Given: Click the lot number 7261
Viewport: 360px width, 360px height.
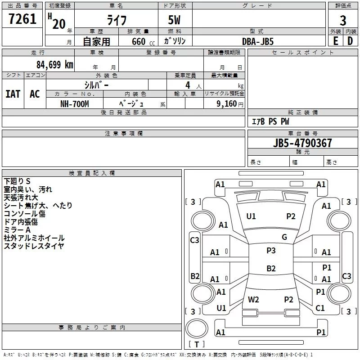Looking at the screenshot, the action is tap(22, 19).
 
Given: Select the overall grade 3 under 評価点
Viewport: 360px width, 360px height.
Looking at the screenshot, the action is tap(343, 21).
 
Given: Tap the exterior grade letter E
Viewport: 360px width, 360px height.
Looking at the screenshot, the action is tap(335, 41).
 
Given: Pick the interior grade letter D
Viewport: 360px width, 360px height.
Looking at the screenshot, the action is tap(350, 41).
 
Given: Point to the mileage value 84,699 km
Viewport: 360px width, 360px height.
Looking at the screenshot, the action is tap(55, 65).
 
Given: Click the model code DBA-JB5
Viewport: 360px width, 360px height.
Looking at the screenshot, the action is tap(258, 41).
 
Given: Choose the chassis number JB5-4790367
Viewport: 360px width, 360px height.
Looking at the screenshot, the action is tap(302, 143).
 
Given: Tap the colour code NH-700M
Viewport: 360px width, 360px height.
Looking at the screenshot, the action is tap(75, 104).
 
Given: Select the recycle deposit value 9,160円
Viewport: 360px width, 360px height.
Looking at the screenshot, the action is tap(230, 104).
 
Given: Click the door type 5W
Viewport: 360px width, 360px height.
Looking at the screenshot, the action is tap(174, 20).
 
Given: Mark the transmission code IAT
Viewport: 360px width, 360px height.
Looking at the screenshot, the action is tap(13, 94).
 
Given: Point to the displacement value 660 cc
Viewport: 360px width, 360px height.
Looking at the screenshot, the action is tap(143, 41).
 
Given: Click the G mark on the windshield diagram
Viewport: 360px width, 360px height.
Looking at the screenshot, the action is tap(284, 237).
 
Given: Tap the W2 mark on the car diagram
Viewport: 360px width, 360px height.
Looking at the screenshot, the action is tap(253, 299).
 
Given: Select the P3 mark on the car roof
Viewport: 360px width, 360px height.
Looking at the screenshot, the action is tap(271, 251).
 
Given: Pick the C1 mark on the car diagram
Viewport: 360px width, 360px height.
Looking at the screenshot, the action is tap(320, 308).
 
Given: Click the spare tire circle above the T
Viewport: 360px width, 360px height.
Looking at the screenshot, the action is tap(197, 328).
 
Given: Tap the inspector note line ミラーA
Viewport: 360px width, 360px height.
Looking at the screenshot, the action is tap(17, 230).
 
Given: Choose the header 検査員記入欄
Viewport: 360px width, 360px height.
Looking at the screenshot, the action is tap(92, 173).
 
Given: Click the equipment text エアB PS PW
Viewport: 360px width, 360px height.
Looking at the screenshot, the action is tap(270, 121).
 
